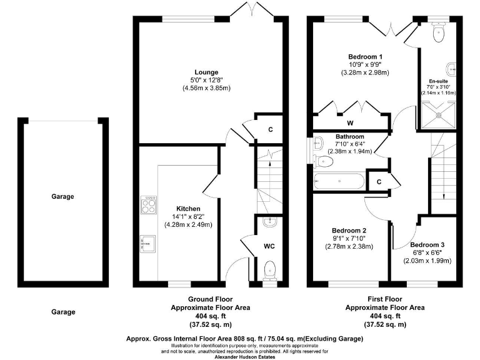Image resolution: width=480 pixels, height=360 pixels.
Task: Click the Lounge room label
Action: click(206, 71)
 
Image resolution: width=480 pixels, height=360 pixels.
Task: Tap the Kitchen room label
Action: click(187, 208)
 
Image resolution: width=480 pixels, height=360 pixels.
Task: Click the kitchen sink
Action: click(148, 241)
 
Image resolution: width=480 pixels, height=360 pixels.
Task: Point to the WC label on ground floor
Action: click(269, 246)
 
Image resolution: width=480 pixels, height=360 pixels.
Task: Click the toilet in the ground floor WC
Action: click(269, 270)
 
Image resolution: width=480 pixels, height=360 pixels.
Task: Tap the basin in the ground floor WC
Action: click(269, 222)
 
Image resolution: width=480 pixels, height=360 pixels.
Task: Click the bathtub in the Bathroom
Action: click(340, 181)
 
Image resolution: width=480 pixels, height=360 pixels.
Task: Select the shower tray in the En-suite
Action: click(437, 114)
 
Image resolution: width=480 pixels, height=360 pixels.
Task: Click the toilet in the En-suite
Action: click(437, 34)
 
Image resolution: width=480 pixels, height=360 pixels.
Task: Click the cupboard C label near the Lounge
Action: click(270, 129)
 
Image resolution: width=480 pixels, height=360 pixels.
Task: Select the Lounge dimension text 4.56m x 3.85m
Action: click(206, 88)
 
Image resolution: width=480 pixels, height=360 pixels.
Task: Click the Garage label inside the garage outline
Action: click(62, 196)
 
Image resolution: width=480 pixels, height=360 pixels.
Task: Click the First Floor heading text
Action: click(386, 299)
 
